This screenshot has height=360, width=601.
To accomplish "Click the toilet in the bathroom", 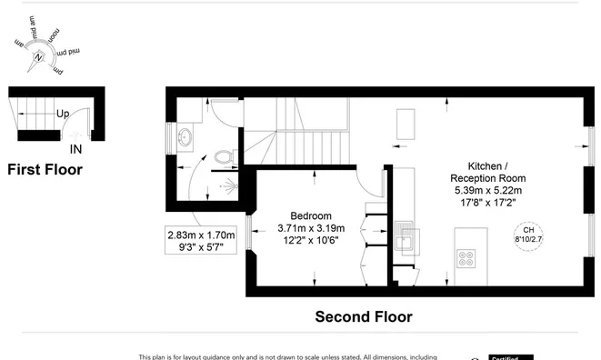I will pyautogui.click(x=227, y=158).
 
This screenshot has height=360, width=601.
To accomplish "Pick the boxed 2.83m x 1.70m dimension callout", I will pyautogui.click(x=201, y=241).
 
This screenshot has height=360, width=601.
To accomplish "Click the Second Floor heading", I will pyautogui.click(x=364, y=317).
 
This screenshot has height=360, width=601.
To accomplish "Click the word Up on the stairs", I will pyautogui.click(x=63, y=115).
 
